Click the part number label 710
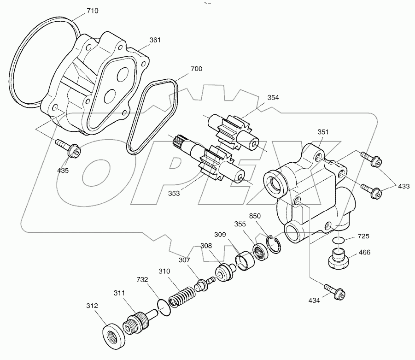coord(92,10)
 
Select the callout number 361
coord(155,40)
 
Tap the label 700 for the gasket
coord(196,69)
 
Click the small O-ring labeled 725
coord(339,240)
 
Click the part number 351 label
coord(324,132)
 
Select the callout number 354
coord(273,98)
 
